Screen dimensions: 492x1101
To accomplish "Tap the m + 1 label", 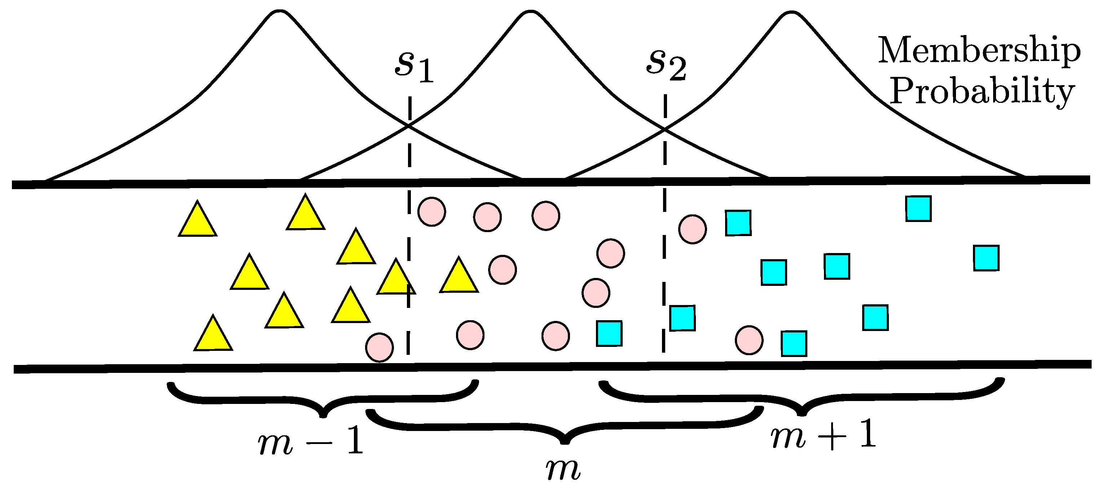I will click(x=823, y=435).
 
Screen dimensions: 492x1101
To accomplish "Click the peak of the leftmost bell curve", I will click(x=280, y=12).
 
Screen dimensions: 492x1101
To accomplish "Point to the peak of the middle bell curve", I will click(x=530, y=12).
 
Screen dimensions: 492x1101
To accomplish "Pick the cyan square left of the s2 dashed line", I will click(x=609, y=333).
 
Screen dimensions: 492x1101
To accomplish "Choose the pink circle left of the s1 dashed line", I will click(x=379, y=347).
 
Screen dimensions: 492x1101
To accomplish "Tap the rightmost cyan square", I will click(x=986, y=258).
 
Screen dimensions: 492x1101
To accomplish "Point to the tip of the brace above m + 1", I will click(x=802, y=413).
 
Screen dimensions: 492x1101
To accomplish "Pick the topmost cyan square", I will click(x=918, y=208).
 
